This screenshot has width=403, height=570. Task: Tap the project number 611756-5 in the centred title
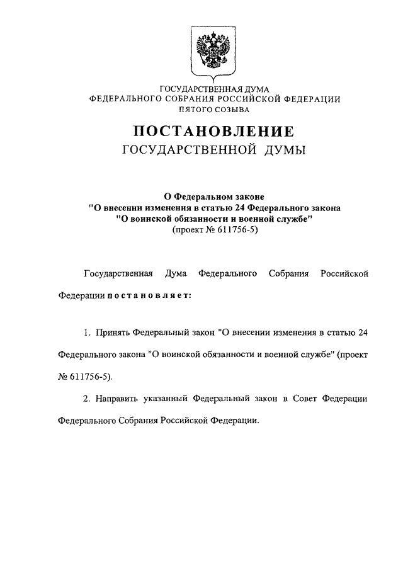(x=229, y=230)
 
